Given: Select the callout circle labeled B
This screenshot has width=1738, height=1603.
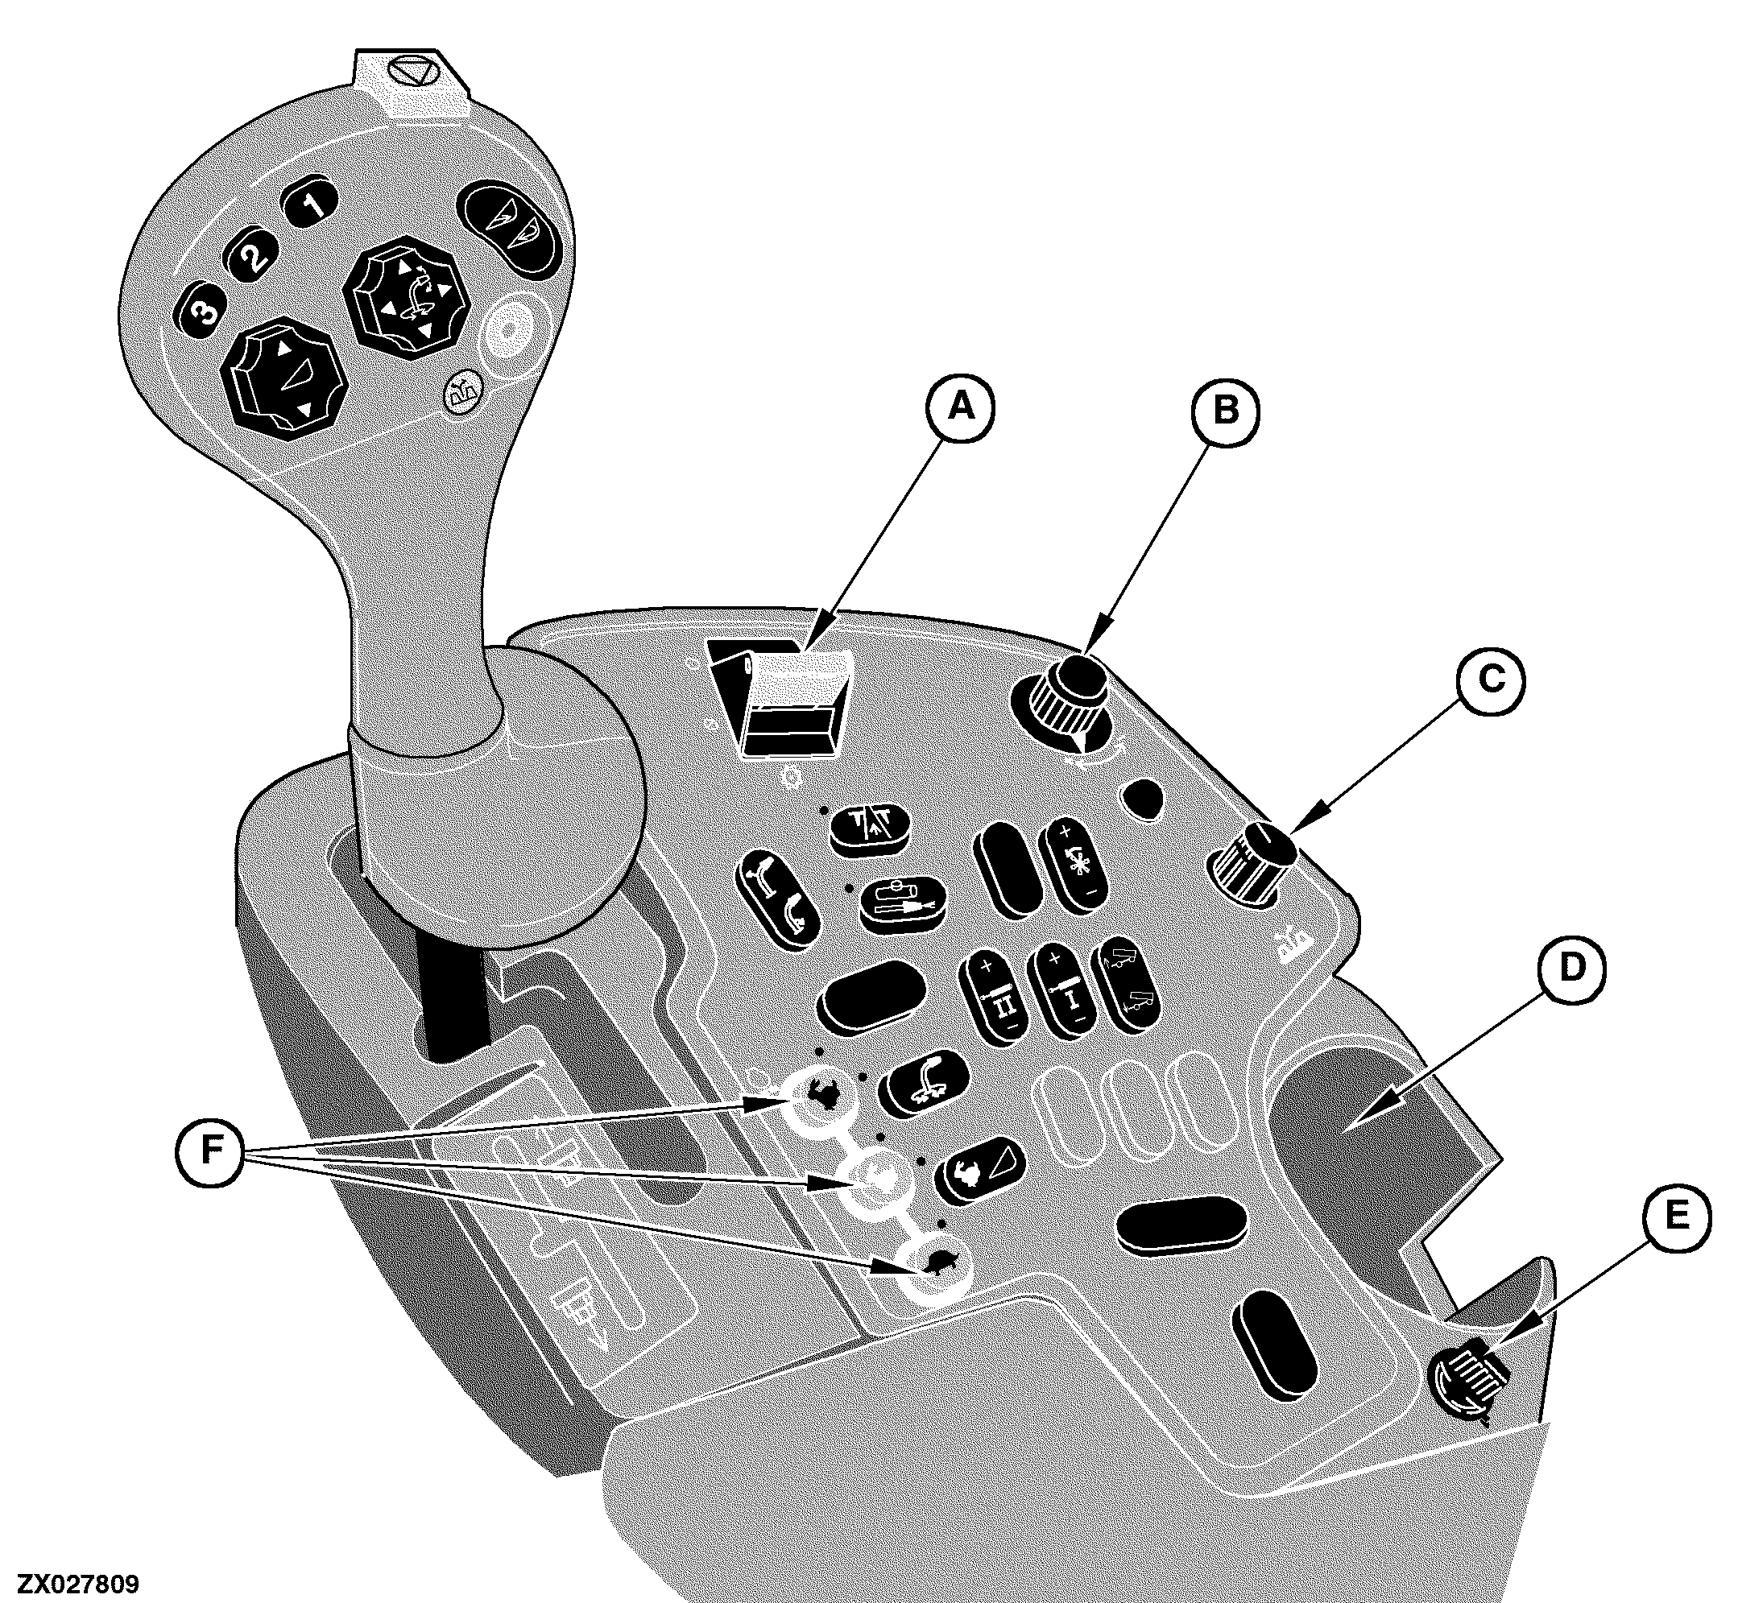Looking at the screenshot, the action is pyautogui.click(x=1224, y=411).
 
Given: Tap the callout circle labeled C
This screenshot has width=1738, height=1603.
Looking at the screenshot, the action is pyautogui.click(x=1491, y=679).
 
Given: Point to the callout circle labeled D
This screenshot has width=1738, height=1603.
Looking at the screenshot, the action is pyautogui.click(x=1572, y=967).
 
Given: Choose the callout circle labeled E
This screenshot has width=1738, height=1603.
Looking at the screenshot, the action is pyautogui.click(x=1677, y=1216).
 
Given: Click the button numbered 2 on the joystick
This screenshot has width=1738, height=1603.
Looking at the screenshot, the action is pyautogui.click(x=251, y=257).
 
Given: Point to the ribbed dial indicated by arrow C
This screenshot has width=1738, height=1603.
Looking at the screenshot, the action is pyautogui.click(x=1251, y=863).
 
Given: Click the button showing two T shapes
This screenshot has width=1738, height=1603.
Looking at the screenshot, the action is pyautogui.click(x=870, y=829).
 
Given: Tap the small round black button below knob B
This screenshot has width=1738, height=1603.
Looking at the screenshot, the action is pyautogui.click(x=1143, y=798).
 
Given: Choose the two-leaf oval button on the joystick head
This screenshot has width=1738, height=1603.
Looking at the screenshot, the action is pyautogui.click(x=507, y=228).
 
